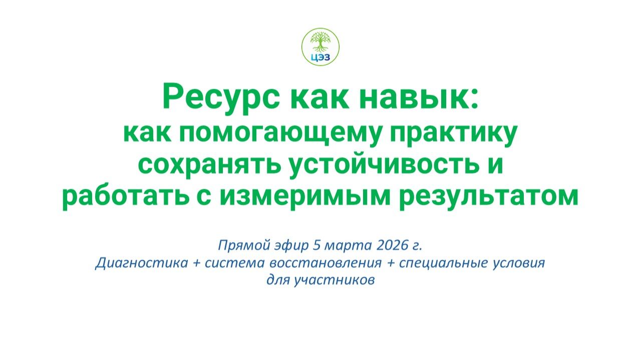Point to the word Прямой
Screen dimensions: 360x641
coord(238,246)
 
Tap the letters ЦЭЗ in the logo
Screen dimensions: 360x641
coord(320,56)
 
